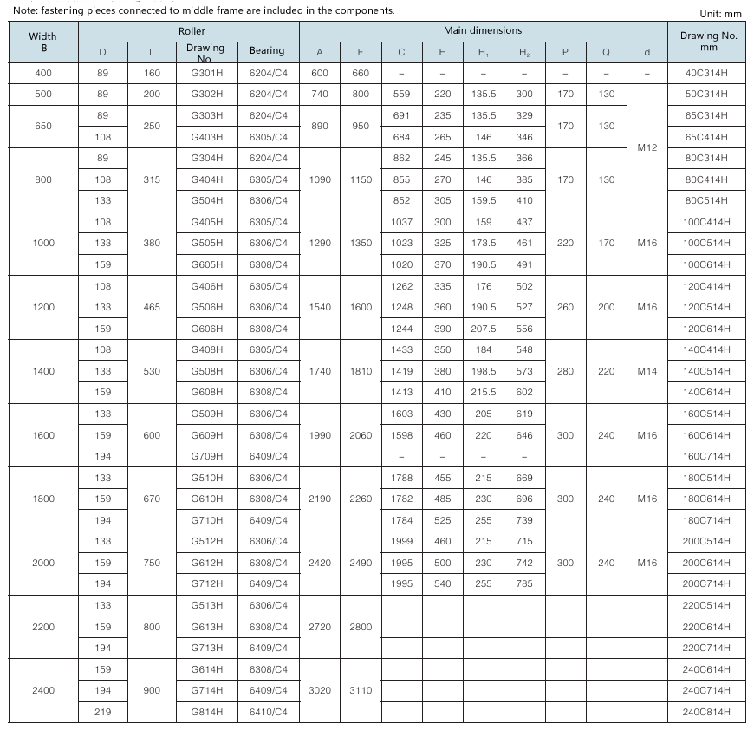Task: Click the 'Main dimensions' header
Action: point(483,30)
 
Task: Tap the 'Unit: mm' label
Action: point(720,14)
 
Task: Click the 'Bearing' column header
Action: point(267,51)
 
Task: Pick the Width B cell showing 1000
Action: point(43,243)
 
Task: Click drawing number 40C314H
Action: point(707,73)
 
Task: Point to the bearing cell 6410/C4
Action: point(268,712)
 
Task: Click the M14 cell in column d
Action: point(647,371)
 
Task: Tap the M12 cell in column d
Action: point(647,147)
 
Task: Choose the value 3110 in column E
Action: point(361,691)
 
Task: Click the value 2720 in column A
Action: point(320,627)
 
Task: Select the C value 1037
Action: point(401,222)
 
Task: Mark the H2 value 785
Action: point(524,584)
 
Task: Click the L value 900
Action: point(152,691)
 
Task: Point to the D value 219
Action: point(103,712)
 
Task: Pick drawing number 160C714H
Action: point(707,456)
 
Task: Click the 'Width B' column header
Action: point(43,42)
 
